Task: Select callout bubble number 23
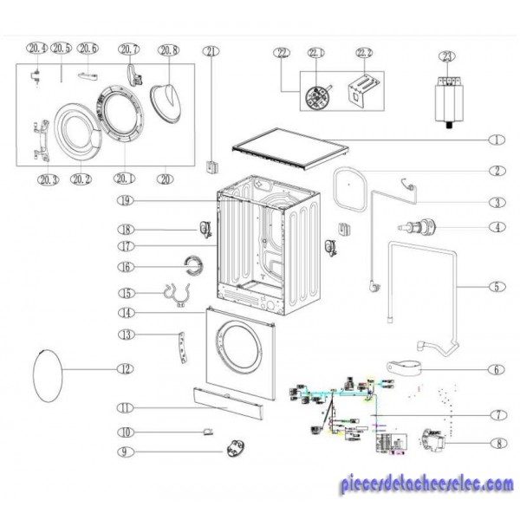[x=446, y=57]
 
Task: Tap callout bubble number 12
[x=126, y=368]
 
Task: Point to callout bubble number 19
[x=126, y=201]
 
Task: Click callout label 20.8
[x=169, y=49]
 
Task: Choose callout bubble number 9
[x=126, y=451]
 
